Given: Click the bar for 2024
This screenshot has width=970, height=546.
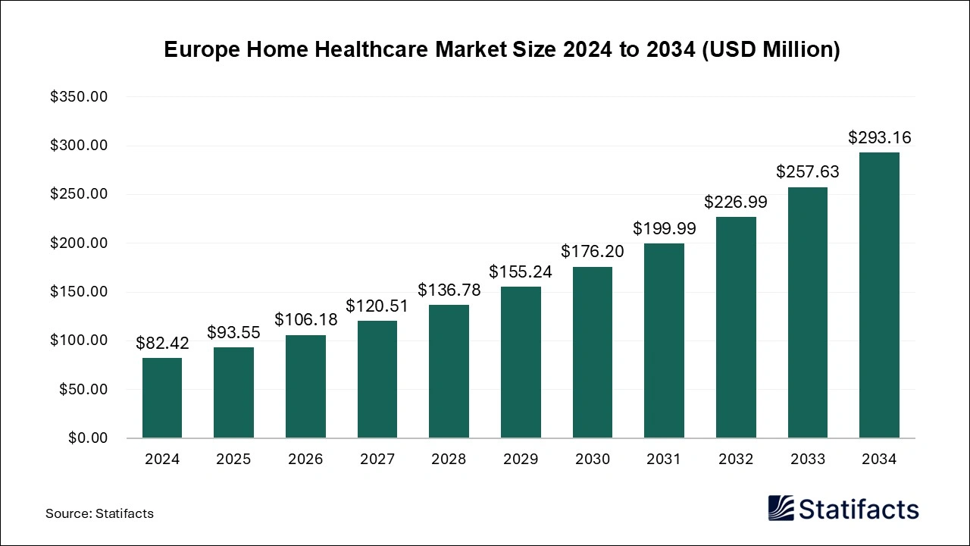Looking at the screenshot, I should pos(162,398).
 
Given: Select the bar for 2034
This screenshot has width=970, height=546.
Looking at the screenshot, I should pos(879,296).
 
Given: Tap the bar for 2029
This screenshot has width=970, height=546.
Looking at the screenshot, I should pos(521,362).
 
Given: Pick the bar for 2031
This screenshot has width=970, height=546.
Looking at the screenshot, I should pos(664,340).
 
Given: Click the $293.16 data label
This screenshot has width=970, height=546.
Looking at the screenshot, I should pos(879,138).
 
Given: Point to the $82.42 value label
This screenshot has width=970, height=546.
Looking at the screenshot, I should pos(162,344).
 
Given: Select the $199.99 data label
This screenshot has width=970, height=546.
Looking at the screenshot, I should pos(664,228).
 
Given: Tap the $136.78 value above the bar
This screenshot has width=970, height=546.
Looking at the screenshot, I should pos(449,290).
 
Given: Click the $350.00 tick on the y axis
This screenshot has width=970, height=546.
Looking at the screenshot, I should pos(79,97).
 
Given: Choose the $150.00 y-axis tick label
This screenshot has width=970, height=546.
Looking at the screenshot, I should pos(79,292).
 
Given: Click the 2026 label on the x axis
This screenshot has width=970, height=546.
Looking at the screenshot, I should pos(305,460).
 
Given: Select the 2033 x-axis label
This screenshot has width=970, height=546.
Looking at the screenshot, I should pos(807,460).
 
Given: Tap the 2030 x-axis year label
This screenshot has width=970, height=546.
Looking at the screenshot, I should pos(592,460).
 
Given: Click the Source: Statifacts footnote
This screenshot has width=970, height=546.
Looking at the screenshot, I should pos(99,513).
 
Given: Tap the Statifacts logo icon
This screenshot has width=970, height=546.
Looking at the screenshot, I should pos(781,508).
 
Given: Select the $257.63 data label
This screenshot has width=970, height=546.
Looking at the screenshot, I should pos(807,172).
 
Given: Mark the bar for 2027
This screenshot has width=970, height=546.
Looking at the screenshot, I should pos(377,379).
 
